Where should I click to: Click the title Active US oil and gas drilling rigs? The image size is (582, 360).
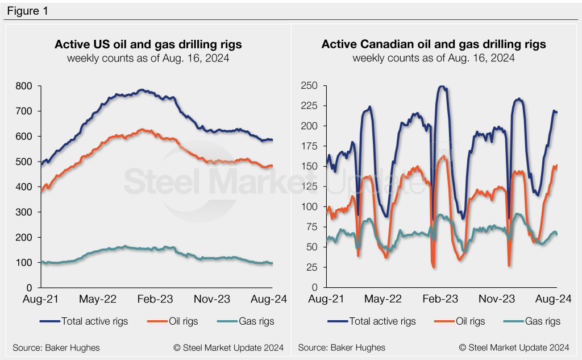coord(148,44)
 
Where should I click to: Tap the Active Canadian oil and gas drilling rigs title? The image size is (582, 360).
coord(434,44)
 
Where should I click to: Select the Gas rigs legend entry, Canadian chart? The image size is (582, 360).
coord(541,321)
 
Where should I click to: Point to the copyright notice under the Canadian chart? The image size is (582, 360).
coord(514,347)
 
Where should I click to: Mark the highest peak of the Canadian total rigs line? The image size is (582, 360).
coord(442,86)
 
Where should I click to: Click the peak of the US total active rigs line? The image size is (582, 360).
coord(141,90)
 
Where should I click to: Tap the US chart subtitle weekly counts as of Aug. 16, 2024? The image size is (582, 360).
coord(148,58)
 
